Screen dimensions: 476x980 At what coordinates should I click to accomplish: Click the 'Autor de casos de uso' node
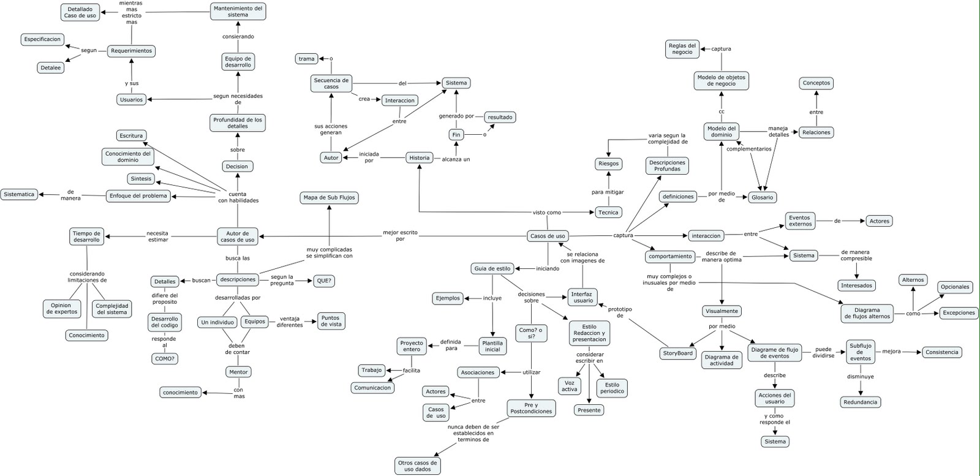pos(238,236)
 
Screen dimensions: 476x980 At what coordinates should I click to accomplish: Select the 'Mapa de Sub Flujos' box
pos(329,198)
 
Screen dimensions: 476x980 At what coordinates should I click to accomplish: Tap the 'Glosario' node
pos(763,197)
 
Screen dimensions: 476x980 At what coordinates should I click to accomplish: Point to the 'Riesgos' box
pos(608,164)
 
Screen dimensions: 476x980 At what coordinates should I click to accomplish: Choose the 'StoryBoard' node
pos(677,353)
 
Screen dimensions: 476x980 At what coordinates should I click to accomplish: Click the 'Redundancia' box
pos(861,402)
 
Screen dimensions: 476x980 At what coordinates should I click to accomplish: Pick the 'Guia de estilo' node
pos(492,268)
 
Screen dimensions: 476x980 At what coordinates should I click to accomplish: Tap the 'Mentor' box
pos(238,372)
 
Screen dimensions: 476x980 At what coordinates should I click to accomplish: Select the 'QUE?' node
pos(324,281)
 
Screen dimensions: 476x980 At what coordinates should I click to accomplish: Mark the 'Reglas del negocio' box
pos(682,49)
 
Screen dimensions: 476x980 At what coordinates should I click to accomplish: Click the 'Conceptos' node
pos(816,83)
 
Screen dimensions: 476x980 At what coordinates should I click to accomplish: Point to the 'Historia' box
pos(420,157)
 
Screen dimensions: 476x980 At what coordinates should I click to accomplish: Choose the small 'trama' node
pos(306,59)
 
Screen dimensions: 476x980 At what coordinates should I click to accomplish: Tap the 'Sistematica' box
pos(19,194)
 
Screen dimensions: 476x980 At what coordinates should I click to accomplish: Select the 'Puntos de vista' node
pos(331,321)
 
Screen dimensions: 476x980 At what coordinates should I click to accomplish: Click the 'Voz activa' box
pos(570,386)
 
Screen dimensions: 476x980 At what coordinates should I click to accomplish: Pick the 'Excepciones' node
pos(959,313)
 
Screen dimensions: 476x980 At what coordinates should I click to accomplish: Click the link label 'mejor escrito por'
pos(401,236)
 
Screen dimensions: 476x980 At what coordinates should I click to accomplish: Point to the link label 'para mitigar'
pos(608,192)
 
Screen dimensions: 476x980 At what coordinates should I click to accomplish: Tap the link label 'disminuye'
pos(860,377)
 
